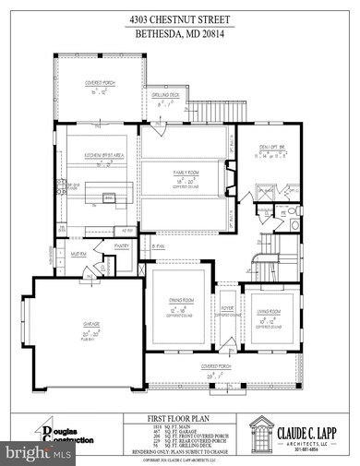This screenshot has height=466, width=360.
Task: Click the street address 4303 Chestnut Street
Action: click(x=181, y=17)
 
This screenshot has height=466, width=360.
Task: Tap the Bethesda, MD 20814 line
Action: click(x=181, y=30)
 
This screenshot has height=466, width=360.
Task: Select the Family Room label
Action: click(x=187, y=173)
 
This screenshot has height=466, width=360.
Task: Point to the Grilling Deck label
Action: click(x=167, y=99)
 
